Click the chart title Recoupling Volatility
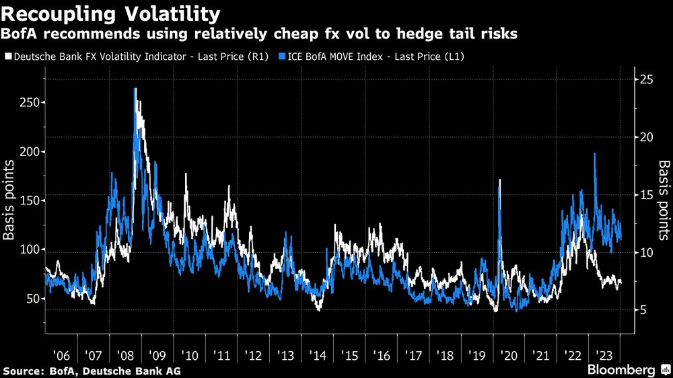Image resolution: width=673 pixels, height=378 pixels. [x=110, y=13]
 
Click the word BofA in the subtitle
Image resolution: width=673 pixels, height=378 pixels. [x=22, y=34]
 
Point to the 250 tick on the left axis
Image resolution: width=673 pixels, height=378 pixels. [x=29, y=102]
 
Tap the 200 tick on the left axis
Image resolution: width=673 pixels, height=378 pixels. [x=29, y=151]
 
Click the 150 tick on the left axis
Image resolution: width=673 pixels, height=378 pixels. [x=29, y=200]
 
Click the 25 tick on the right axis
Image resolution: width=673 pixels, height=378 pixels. [x=646, y=79]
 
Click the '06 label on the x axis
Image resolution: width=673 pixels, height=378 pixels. [x=60, y=354]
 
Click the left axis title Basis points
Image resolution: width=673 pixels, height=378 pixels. [x=10, y=200]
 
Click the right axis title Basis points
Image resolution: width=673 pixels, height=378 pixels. [x=664, y=200]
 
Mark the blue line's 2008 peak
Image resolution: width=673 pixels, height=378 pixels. [x=135, y=88]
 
